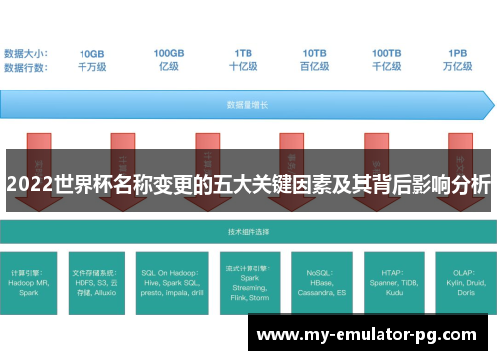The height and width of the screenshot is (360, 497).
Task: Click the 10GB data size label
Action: (x=92, y=53)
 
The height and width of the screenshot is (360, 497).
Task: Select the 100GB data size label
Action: (x=169, y=53)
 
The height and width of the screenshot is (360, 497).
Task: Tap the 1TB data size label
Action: (x=244, y=53)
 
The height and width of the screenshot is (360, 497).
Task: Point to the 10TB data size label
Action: (x=315, y=53)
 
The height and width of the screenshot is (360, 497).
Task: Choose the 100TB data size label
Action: (x=387, y=53)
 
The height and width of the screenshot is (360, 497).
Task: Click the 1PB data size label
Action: (x=458, y=53)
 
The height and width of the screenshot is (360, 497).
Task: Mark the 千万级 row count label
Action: (x=92, y=68)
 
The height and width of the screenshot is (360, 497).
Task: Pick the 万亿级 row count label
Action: (x=458, y=68)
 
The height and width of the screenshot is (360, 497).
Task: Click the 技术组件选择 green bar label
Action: (x=248, y=230)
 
